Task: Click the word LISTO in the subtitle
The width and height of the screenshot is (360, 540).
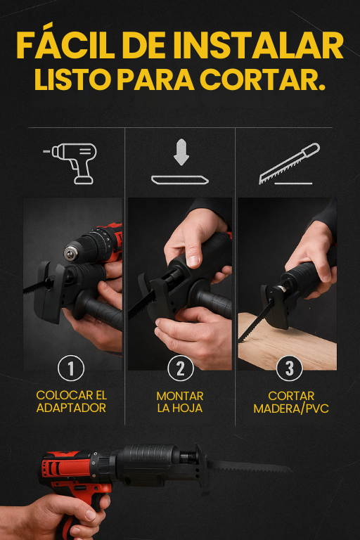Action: (x=72, y=79)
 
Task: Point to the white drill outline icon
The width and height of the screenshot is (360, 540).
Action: (x=70, y=163)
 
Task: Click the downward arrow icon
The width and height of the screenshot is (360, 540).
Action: (x=181, y=152)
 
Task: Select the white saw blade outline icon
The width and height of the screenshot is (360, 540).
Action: (x=290, y=163)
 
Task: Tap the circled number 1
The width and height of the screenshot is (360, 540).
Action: (x=71, y=368)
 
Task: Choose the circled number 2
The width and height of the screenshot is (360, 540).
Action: (x=181, y=368)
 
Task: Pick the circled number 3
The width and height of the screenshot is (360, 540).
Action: (x=290, y=368)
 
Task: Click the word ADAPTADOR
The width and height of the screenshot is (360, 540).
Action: (x=71, y=408)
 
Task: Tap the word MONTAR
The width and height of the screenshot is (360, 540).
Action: (x=180, y=396)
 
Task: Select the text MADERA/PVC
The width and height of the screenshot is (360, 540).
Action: (x=291, y=409)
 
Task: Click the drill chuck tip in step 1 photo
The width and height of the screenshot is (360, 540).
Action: (x=70, y=252)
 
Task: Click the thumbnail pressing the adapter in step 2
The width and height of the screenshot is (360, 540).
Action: (x=192, y=261)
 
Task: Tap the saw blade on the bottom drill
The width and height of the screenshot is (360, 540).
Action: (x=248, y=467)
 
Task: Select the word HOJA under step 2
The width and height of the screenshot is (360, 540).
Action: (x=190, y=408)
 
